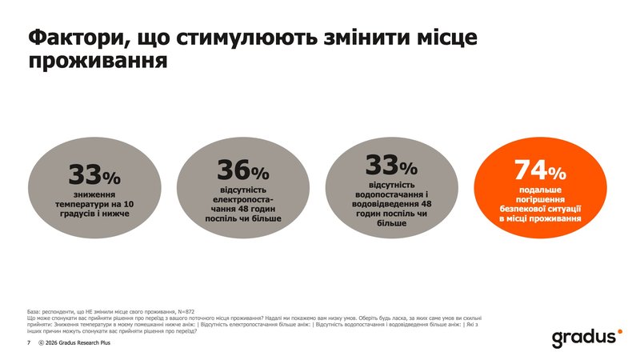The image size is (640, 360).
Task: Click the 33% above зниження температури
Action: pos(94,175)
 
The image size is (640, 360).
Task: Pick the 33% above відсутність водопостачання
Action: pos(391,166)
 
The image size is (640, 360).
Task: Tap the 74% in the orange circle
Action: pos(539,170)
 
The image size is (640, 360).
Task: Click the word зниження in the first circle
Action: pos(94,194)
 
